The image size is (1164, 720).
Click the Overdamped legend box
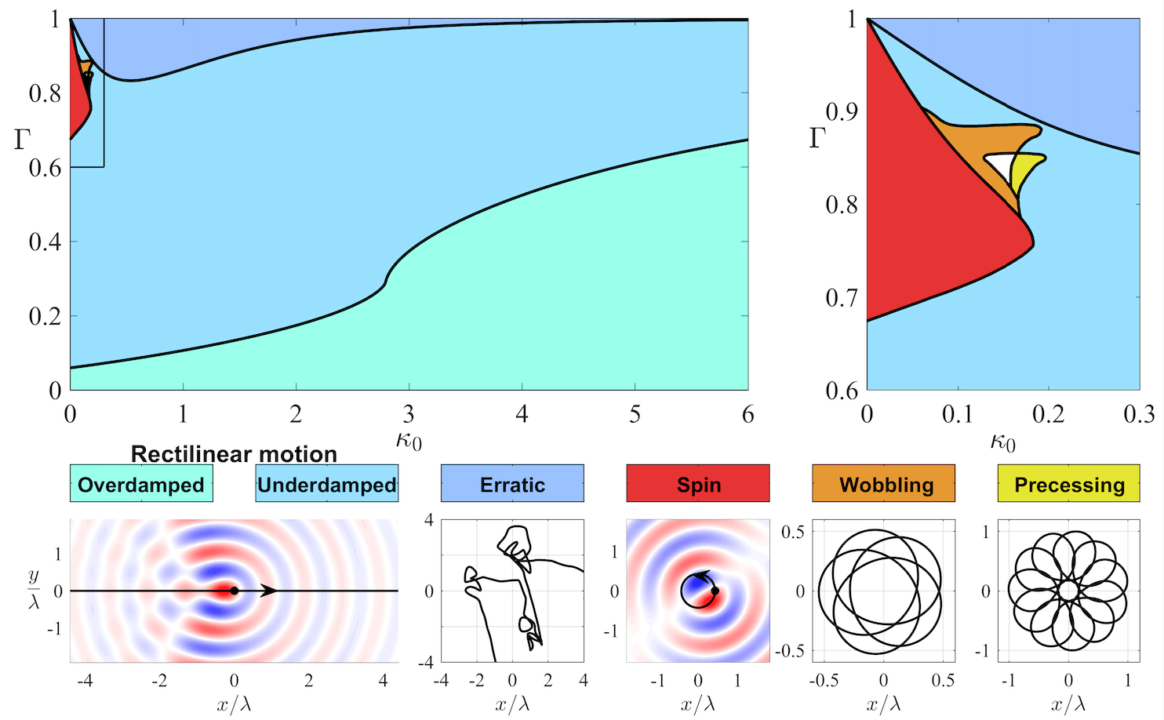click(x=141, y=484)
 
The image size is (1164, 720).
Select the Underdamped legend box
click(x=327, y=484)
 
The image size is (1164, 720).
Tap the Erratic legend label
click(x=512, y=485)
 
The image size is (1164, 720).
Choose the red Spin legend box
click(x=698, y=484)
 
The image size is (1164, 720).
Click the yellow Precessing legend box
click(x=1069, y=484)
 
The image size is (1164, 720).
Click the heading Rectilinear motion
click(x=234, y=454)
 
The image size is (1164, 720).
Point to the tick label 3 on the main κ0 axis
click(x=409, y=414)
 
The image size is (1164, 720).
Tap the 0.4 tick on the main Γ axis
click(x=45, y=242)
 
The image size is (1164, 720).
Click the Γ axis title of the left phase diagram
click(x=22, y=140)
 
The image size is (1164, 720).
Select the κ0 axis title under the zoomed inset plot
click(x=1002, y=442)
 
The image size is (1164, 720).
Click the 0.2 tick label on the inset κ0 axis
click(x=1049, y=414)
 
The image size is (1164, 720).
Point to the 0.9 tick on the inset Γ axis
click(x=841, y=112)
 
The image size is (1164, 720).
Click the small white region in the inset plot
click(x=998, y=165)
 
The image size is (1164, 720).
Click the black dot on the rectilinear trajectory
click(x=234, y=591)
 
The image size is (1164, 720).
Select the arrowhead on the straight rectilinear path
click(x=268, y=591)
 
